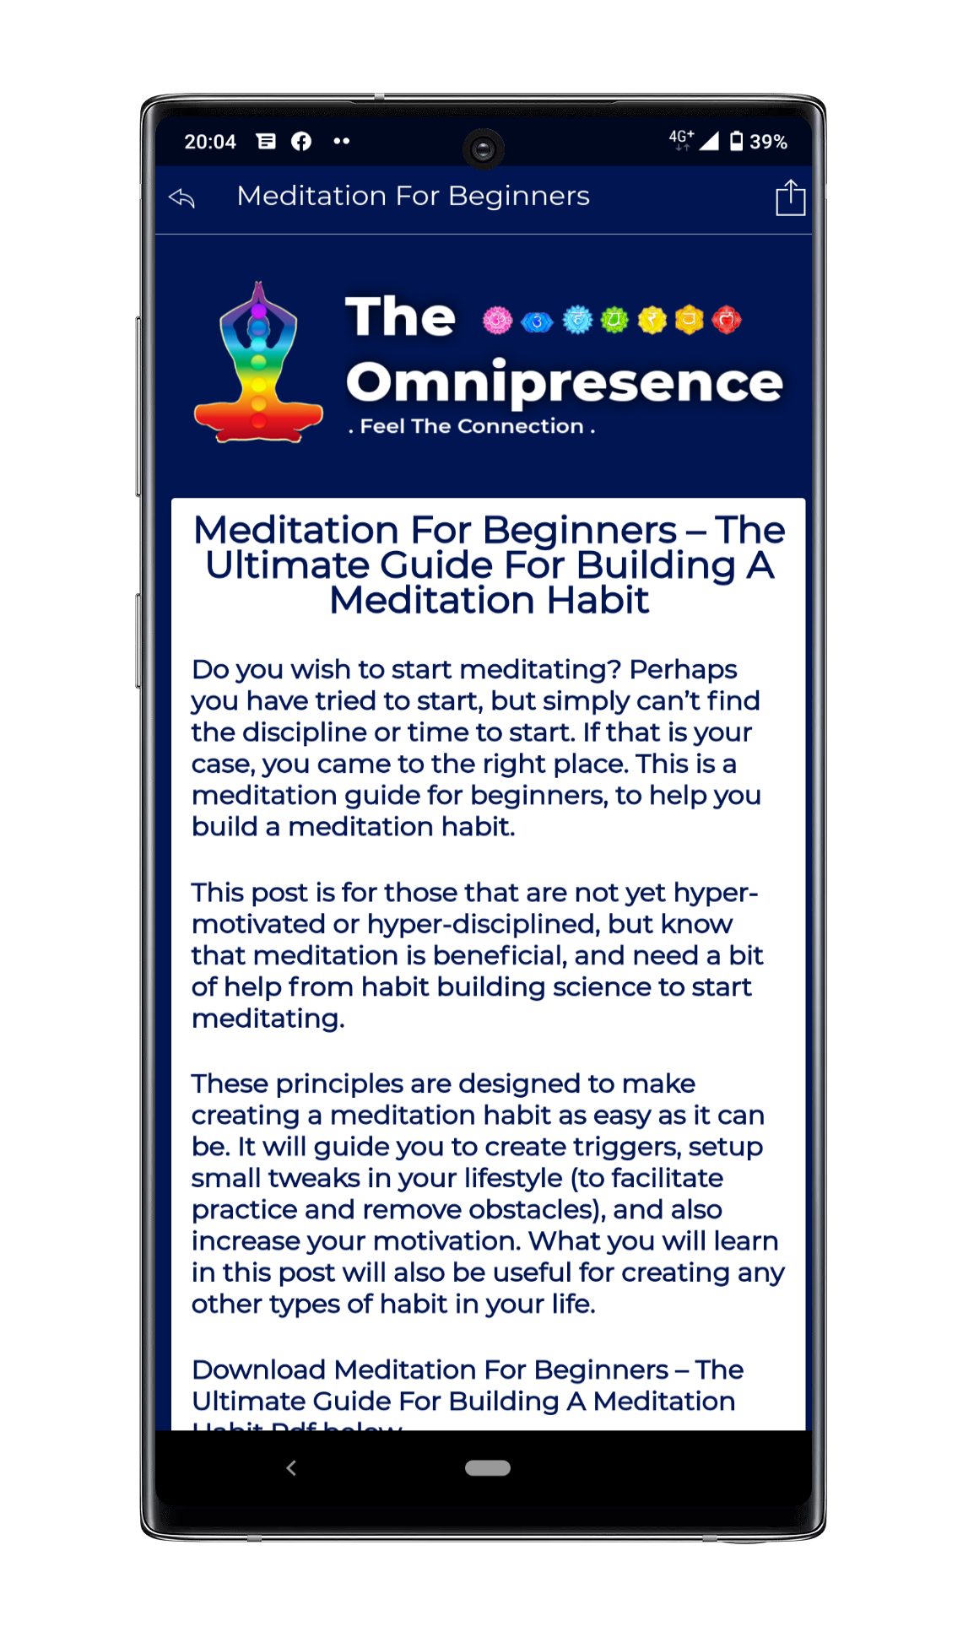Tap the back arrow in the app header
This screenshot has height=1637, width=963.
182,198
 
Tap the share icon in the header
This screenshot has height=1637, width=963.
790,198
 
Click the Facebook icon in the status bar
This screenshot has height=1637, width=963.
301,142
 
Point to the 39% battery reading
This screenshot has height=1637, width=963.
768,142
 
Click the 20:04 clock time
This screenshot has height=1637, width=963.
210,142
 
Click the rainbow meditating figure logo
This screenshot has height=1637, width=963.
258,363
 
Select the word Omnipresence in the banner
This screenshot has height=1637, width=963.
564,382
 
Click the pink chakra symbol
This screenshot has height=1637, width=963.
497,321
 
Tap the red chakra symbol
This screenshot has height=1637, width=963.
727,321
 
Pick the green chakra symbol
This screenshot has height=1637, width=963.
614,321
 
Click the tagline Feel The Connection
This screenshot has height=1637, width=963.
472,427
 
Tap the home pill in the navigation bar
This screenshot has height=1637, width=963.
487,1468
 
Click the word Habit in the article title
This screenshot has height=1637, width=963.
598,601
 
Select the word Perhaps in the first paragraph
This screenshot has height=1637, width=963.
683,669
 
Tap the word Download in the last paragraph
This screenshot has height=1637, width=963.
258,1370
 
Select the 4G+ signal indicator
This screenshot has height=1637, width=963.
681,139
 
